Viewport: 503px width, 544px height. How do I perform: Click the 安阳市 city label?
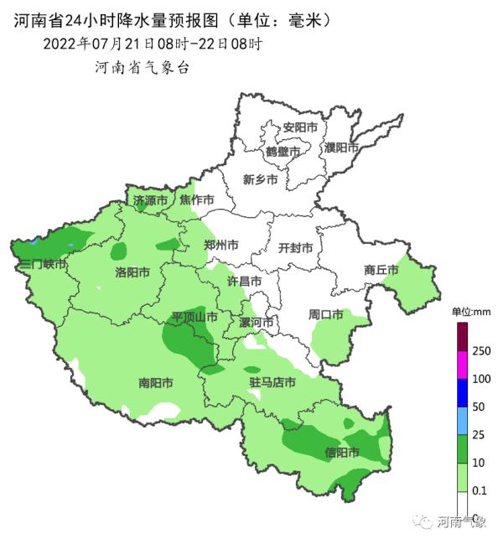[x=300, y=127]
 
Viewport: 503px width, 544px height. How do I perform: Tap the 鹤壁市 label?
[x=283, y=152]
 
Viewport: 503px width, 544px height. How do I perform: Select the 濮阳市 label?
[x=341, y=148]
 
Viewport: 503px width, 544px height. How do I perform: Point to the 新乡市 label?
[x=260, y=179]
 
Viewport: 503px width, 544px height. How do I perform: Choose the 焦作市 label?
[x=197, y=200]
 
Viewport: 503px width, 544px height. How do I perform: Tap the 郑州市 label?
[x=221, y=246]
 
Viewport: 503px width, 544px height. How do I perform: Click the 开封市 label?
[x=295, y=248]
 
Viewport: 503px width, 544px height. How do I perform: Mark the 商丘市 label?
[x=381, y=270]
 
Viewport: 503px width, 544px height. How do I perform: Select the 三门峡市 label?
[x=43, y=264]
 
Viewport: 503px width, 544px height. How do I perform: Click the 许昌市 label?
[x=245, y=282]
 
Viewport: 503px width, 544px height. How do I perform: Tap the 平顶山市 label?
[x=194, y=318]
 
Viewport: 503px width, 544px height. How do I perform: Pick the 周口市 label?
[x=325, y=315]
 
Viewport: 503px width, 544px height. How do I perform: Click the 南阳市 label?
[x=155, y=383]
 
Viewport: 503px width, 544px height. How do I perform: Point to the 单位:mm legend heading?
[x=470, y=312]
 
